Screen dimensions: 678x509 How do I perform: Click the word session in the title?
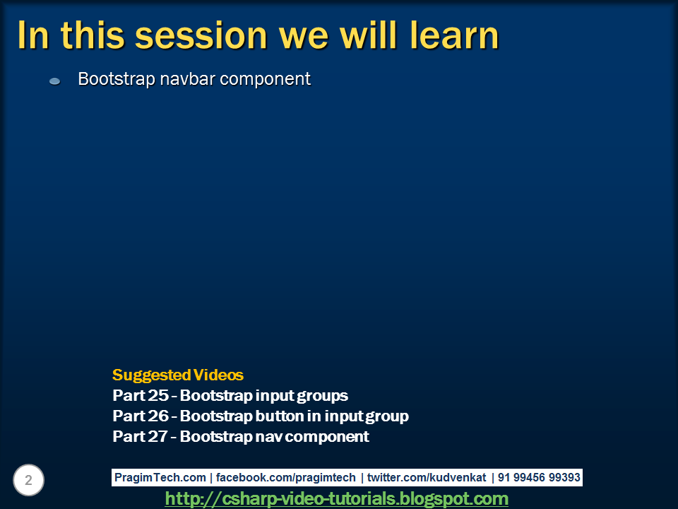[201, 35]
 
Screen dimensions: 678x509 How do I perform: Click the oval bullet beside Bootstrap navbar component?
[55, 81]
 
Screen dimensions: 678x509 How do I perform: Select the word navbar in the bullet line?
[187, 78]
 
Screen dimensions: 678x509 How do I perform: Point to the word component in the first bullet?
[265, 80]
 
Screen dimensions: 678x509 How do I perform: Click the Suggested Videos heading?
[178, 375]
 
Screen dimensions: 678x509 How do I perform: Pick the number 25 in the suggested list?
[157, 395]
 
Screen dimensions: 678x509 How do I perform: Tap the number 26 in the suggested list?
[157, 416]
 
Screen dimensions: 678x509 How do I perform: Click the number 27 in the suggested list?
[157, 436]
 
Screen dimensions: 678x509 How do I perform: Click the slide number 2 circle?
[28, 480]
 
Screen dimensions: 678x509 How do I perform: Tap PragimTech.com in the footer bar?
[160, 477]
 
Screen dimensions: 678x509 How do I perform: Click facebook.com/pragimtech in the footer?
[286, 477]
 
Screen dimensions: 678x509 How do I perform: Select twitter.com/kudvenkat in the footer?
[427, 477]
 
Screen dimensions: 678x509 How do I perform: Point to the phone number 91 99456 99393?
[539, 477]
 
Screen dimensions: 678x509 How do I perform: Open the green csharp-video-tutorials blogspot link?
[336, 498]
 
